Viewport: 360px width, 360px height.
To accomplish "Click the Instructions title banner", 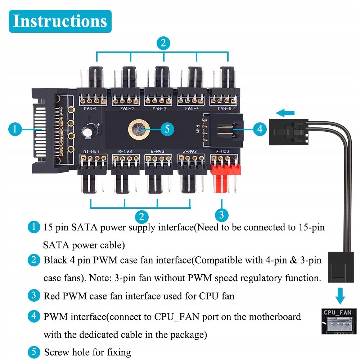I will point(60,21).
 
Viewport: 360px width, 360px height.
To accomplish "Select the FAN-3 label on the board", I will point(159,108).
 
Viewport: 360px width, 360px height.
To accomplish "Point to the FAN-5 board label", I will point(224,108).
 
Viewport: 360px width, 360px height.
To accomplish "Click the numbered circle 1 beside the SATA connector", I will point(15,129).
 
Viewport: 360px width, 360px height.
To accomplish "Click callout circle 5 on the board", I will point(166,129).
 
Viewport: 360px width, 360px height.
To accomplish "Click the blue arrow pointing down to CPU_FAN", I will point(339,295).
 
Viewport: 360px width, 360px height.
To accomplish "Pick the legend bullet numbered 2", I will point(33,260).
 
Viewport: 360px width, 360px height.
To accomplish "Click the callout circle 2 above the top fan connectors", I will point(163,44).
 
